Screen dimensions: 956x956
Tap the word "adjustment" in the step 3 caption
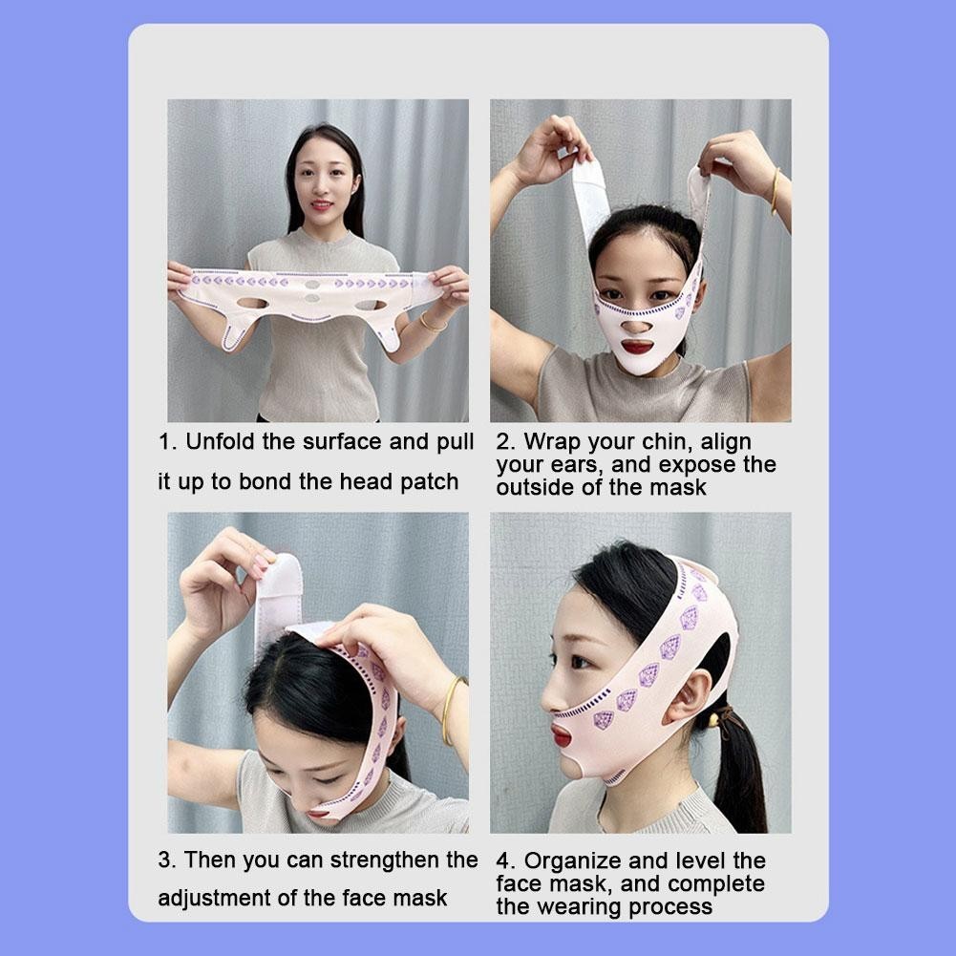click(x=219, y=898)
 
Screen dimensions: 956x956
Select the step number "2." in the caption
click(x=506, y=442)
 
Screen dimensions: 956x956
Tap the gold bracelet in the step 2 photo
click(x=774, y=192)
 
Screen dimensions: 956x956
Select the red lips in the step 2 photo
click(x=636, y=347)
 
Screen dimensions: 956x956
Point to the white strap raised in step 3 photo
click(x=278, y=597)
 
